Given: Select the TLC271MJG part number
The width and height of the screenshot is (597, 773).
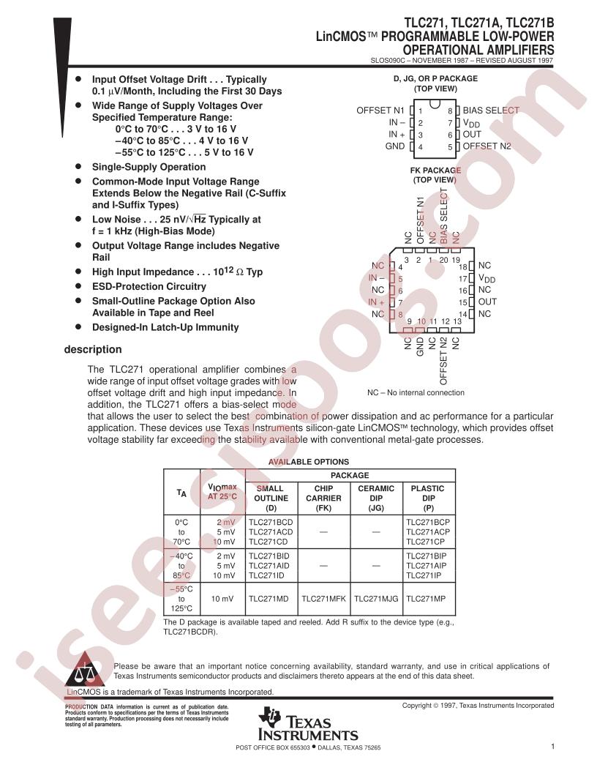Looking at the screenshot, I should (x=376, y=598).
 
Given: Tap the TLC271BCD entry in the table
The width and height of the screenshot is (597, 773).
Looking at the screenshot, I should (x=270, y=522).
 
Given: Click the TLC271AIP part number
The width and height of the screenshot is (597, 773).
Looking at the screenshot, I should (x=426, y=566).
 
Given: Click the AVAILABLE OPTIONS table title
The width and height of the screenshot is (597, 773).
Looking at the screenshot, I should (x=308, y=462).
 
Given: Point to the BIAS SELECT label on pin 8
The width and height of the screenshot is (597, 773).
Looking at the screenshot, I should (x=491, y=111).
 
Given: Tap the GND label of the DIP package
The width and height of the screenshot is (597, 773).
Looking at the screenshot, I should (x=395, y=146).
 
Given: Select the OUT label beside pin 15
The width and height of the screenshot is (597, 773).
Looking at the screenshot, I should (x=487, y=302).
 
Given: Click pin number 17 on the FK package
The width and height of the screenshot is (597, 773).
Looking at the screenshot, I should (x=462, y=279).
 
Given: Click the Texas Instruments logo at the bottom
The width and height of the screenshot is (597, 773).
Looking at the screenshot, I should (x=307, y=725).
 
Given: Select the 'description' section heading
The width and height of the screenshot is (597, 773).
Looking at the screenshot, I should (x=93, y=349).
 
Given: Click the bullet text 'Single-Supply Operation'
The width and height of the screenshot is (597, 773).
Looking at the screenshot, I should (x=149, y=167).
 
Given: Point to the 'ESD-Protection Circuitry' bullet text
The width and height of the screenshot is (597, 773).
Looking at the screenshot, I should (x=149, y=286).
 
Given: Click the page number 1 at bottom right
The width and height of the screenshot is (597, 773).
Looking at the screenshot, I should (x=552, y=747).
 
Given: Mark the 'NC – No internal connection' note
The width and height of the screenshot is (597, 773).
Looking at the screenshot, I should (x=416, y=392).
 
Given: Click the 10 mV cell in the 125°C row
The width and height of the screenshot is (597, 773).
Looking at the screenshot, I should (x=222, y=598).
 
